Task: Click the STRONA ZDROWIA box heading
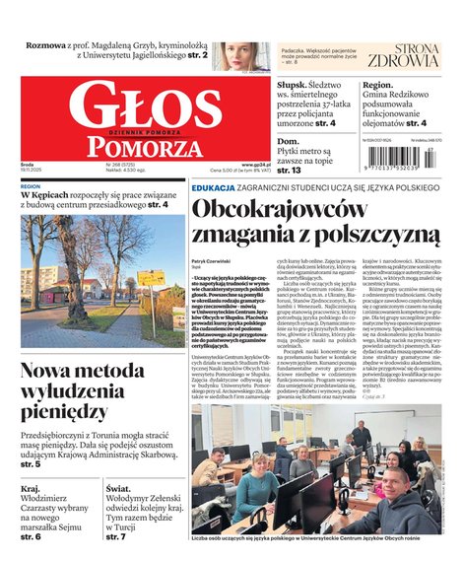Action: [x=403, y=55]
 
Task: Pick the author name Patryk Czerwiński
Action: [x=211, y=260]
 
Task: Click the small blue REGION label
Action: [x=31, y=185]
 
